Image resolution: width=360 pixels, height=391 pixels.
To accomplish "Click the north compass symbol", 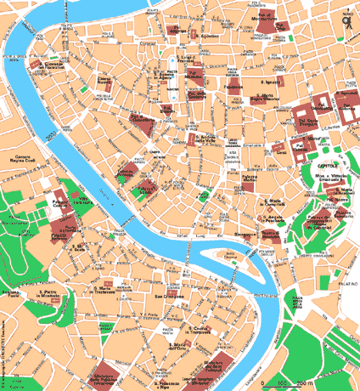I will click(x=347, y=25).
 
